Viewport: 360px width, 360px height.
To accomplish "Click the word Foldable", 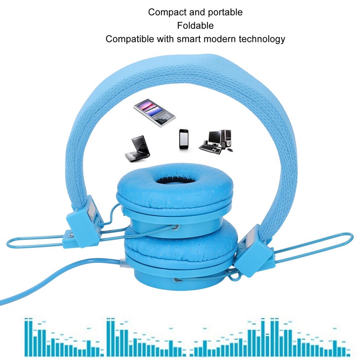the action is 195,26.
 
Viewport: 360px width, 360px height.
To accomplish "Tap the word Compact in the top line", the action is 166,12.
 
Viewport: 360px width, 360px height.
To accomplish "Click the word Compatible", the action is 129,39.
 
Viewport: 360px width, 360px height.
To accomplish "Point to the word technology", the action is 257,39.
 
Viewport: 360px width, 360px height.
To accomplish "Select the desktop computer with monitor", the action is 217,141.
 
